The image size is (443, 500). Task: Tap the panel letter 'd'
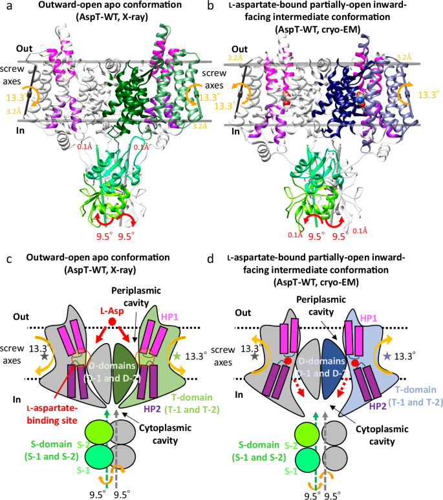(x=226, y=258)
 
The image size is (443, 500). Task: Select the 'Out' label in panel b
(x=239, y=49)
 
